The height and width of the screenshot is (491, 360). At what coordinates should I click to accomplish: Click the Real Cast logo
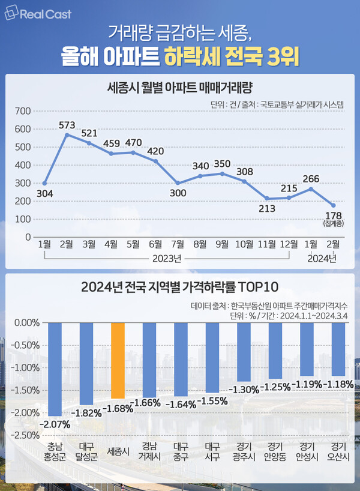(38, 14)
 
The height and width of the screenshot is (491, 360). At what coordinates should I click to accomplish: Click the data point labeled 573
(67, 134)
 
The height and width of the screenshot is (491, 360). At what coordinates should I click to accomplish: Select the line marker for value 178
(333, 205)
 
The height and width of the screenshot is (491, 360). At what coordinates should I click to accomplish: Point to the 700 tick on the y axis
(22, 111)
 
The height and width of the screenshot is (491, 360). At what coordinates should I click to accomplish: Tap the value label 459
(111, 143)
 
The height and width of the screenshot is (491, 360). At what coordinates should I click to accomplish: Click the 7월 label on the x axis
(178, 245)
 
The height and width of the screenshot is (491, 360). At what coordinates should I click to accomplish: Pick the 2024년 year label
(322, 259)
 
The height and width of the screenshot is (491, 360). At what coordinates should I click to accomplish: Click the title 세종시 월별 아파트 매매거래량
(179, 87)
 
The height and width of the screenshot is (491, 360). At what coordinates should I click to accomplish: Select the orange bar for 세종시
(118, 360)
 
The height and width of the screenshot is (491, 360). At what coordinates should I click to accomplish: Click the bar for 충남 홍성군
(55, 369)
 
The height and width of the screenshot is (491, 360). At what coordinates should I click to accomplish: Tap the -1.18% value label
(338, 384)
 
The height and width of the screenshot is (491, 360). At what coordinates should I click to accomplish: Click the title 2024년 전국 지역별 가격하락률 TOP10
(179, 286)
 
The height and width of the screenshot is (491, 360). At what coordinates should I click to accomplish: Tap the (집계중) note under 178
(333, 224)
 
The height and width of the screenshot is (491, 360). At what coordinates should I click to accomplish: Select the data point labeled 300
(178, 183)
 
